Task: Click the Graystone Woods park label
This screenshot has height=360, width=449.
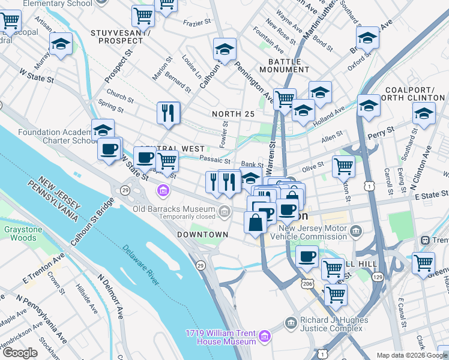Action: tap(20, 233)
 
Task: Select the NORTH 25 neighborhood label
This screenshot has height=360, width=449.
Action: tap(233, 114)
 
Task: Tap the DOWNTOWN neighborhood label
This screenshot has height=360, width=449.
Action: tap(202, 234)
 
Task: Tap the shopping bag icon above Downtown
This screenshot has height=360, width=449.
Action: tap(256, 222)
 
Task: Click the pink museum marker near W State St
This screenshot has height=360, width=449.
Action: tap(162, 191)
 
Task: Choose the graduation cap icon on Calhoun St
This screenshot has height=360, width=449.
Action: tap(225, 49)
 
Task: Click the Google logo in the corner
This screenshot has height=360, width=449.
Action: tap(20, 353)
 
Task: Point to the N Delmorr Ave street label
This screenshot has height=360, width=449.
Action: tap(110, 296)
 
